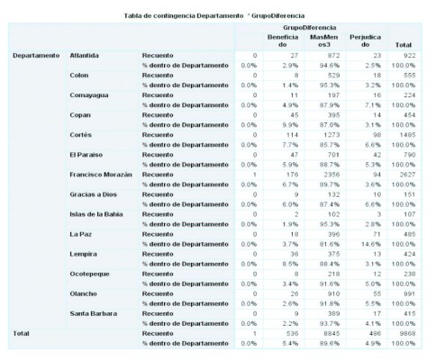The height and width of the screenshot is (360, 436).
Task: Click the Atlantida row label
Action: coord(86,57)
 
